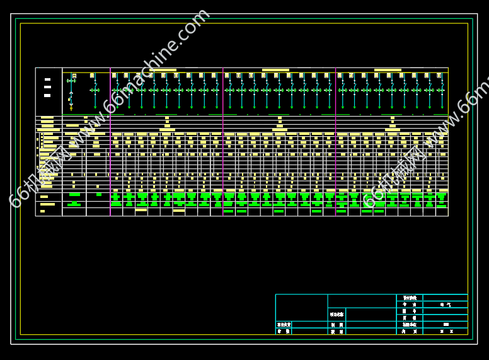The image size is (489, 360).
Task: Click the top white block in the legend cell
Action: (x=47, y=79)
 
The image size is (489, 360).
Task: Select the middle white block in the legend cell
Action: (x=47, y=87)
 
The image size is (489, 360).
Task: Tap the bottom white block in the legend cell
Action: (x=47, y=95)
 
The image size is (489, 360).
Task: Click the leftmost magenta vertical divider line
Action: (x=110, y=142)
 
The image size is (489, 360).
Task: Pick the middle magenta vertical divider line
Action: (x=223, y=142)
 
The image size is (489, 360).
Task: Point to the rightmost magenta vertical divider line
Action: (x=335, y=142)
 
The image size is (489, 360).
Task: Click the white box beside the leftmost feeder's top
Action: (x=74, y=76)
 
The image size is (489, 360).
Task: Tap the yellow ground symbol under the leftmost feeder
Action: (x=71, y=108)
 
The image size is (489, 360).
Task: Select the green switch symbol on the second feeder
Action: (x=95, y=90)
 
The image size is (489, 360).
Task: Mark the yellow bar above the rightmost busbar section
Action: (x=388, y=70)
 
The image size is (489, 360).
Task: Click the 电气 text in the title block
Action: (x=445, y=305)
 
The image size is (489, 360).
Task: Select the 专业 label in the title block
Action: (x=410, y=305)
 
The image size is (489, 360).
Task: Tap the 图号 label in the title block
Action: (x=410, y=311)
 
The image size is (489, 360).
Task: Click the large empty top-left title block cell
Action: (x=301, y=301)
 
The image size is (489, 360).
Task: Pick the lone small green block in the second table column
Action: (x=99, y=195)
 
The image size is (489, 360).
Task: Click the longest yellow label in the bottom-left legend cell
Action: (x=48, y=204)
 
